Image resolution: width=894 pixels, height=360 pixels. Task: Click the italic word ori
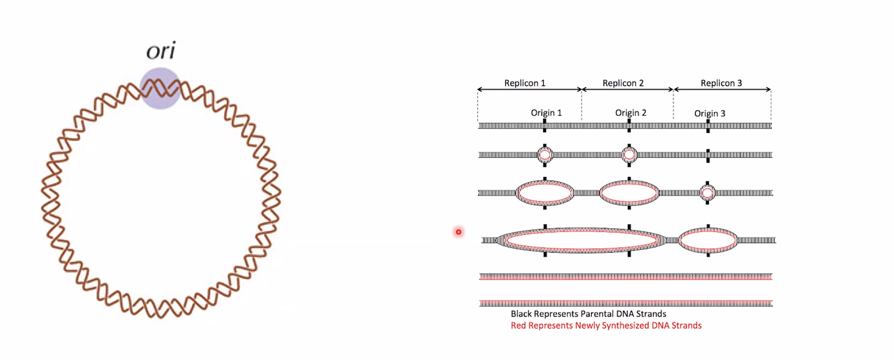tap(161, 51)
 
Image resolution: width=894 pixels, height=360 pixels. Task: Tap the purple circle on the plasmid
tap(160, 88)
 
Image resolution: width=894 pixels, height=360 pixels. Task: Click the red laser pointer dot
tap(459, 232)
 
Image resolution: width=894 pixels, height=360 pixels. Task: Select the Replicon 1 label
tap(525, 83)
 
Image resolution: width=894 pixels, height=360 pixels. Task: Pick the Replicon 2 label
tap(623, 83)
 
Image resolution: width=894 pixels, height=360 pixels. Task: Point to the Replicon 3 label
tap(721, 83)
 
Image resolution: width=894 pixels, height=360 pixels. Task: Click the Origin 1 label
tap(546, 113)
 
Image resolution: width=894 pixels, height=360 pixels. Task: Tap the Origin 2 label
tap(630, 113)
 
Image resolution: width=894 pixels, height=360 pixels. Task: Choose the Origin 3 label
tap(710, 114)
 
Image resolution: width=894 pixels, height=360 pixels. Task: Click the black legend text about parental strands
tap(588, 314)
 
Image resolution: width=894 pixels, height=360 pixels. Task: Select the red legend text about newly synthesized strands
tap(606, 326)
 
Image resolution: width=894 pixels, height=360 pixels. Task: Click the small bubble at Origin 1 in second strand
tap(545, 155)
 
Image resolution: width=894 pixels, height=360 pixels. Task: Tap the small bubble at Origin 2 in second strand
tap(629, 155)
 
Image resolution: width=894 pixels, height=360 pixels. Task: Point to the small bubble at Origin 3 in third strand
tap(708, 193)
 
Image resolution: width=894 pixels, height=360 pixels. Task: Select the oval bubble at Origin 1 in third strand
tap(545, 193)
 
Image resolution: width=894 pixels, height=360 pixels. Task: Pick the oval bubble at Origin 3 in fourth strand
tap(708, 240)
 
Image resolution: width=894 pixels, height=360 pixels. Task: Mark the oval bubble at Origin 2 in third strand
tap(629, 193)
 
